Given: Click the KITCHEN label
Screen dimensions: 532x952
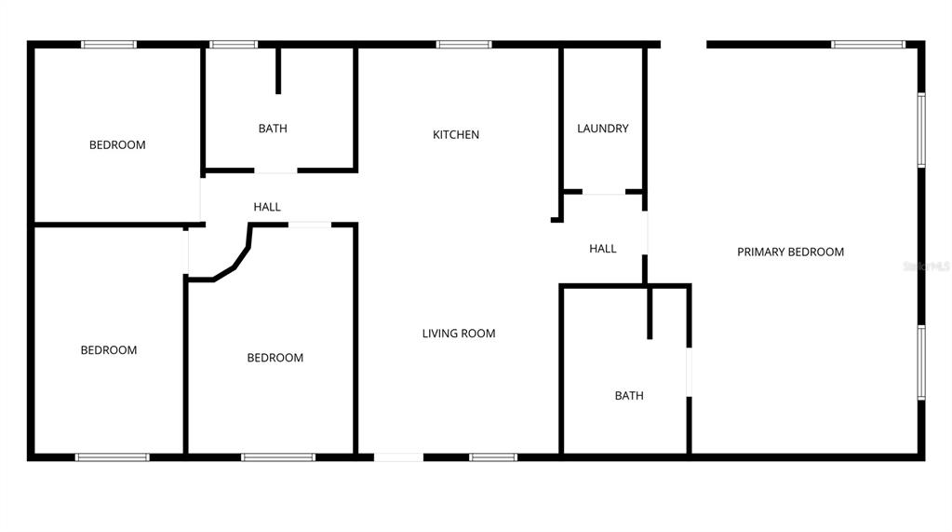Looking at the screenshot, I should pyautogui.click(x=456, y=135).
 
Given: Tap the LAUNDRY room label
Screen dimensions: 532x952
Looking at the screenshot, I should pyautogui.click(x=603, y=129).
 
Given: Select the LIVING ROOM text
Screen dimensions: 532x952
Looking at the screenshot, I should pyautogui.click(x=459, y=334).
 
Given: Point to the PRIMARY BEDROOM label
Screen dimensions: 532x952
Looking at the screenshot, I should pyautogui.click(x=790, y=252).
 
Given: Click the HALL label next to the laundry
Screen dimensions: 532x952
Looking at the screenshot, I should pyautogui.click(x=603, y=249).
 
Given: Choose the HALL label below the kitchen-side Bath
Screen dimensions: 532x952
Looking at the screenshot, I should pyautogui.click(x=267, y=207).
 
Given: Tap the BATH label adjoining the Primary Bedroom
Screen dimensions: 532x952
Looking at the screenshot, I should pyautogui.click(x=629, y=396).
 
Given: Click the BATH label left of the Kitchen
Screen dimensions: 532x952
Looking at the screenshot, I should pyautogui.click(x=273, y=129).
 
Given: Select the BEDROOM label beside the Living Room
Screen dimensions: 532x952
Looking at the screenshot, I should pyautogui.click(x=275, y=358).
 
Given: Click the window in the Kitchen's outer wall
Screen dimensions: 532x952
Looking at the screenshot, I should pyautogui.click(x=463, y=44).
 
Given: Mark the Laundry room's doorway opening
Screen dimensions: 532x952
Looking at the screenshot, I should pyautogui.click(x=604, y=193).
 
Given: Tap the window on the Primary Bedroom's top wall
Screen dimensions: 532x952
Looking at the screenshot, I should pyautogui.click(x=867, y=44).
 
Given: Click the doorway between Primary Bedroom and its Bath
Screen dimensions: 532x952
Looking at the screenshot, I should pyautogui.click(x=689, y=373).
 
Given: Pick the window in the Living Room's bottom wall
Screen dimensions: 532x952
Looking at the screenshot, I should pyautogui.click(x=492, y=457).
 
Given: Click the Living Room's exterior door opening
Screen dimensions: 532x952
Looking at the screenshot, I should pyautogui.click(x=398, y=457).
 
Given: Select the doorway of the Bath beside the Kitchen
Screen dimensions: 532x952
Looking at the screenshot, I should pyautogui.click(x=275, y=171).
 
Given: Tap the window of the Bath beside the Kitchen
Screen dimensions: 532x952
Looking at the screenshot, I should pyautogui.click(x=233, y=44).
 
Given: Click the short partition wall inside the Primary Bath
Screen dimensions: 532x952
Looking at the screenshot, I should pyautogui.click(x=650, y=312).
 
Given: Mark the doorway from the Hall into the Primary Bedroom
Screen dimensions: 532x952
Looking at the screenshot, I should pyautogui.click(x=646, y=234).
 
